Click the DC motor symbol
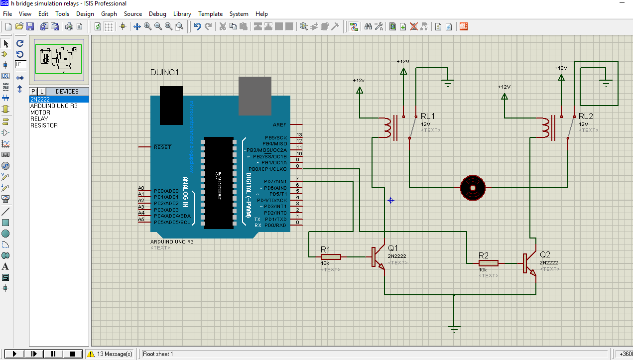point(472,188)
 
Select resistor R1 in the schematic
point(331,257)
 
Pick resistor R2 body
point(488,263)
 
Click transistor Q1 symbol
point(379,257)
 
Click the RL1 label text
point(427,116)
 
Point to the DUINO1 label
point(164,73)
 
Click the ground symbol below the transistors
point(454,328)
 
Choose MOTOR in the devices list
point(40,113)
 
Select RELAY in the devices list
point(39,119)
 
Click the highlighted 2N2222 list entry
point(40,100)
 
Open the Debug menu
point(157,14)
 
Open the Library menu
point(182,14)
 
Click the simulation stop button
point(72,354)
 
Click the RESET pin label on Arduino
point(162,147)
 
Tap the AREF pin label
point(279,124)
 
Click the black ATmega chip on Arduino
point(218,182)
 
